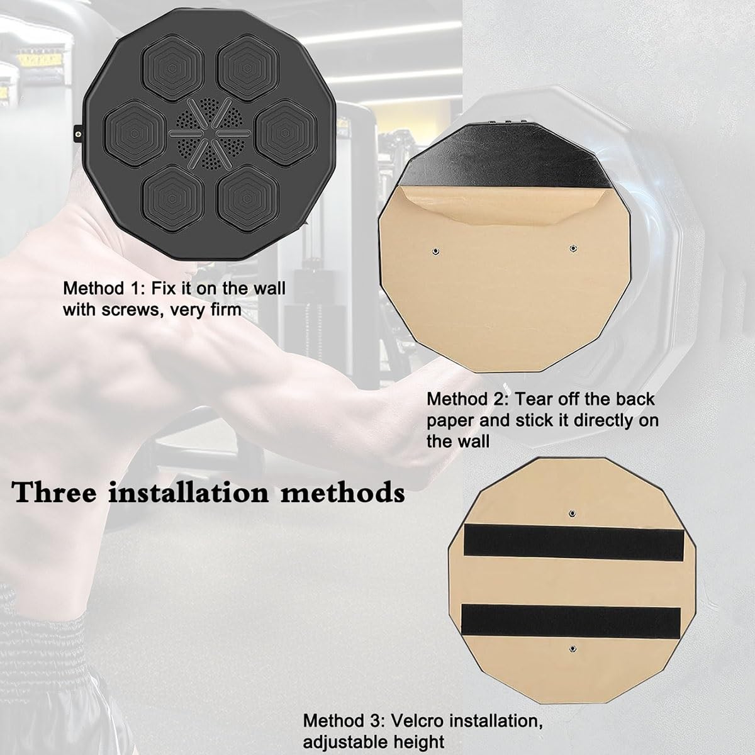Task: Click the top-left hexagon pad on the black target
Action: click(173, 68)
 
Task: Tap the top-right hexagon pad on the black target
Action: click(248, 68)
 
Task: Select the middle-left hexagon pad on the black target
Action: click(135, 133)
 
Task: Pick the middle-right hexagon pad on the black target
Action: click(286, 133)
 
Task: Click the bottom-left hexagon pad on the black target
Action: click(173, 198)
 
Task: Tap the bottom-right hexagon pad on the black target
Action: click(248, 198)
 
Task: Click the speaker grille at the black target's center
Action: click(210, 133)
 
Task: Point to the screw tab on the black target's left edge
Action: click(79, 134)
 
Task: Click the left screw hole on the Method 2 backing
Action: click(435, 251)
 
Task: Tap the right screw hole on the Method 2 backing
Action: click(573, 248)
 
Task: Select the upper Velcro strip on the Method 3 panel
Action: click(574, 542)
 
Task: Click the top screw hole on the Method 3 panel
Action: click(573, 513)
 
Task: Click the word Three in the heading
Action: click(54, 493)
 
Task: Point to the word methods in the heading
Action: click(343, 493)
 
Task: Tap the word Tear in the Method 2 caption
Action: click(531, 400)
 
